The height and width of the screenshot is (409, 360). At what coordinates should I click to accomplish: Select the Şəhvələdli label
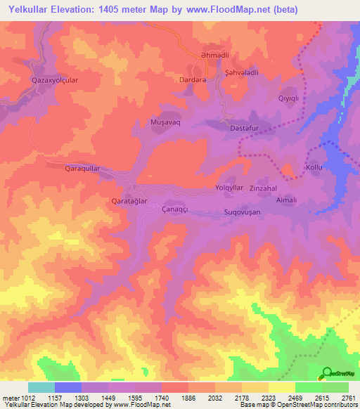pos(241,72)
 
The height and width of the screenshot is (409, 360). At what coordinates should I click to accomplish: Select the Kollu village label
pos(314,167)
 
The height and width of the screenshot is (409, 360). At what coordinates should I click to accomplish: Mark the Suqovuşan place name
pos(242,212)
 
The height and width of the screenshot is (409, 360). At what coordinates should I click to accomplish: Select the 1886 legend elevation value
pos(189,398)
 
